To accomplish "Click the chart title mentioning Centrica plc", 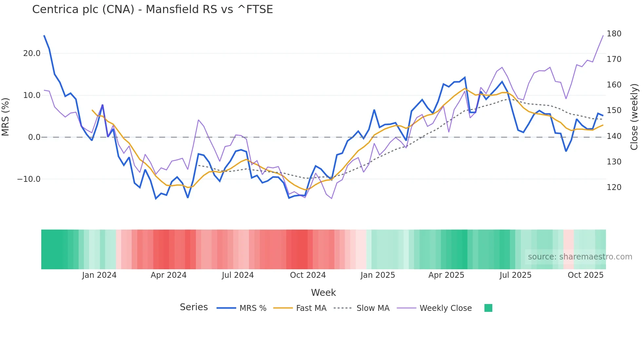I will pyautogui.click(x=152, y=9).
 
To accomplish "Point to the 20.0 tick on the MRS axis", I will pyautogui.click(x=32, y=53).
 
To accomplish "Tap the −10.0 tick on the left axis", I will pyautogui.click(x=29, y=179).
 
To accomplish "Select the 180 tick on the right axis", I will pyautogui.click(x=614, y=34).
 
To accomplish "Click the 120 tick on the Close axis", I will pyautogui.click(x=614, y=187).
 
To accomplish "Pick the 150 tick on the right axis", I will pyautogui.click(x=614, y=110).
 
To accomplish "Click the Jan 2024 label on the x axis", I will pyautogui.click(x=99, y=275).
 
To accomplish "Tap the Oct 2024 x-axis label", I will pyautogui.click(x=308, y=275).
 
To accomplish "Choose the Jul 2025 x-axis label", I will pyautogui.click(x=515, y=275).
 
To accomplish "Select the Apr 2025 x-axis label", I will pyautogui.click(x=446, y=275).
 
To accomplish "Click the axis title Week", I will pyautogui.click(x=323, y=293).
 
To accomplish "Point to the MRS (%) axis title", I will pyautogui.click(x=6, y=117).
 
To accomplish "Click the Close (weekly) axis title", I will pyautogui.click(x=634, y=117).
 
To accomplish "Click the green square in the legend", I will pyautogui.click(x=488, y=308).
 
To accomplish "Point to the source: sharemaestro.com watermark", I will pyautogui.click(x=580, y=257).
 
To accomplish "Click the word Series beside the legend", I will pyautogui.click(x=194, y=307).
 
